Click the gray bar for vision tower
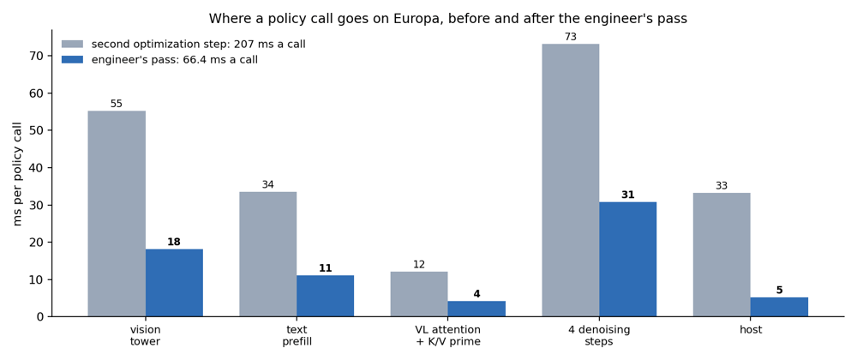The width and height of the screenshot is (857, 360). coord(117,213)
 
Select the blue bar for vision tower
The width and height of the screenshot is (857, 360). coord(174,283)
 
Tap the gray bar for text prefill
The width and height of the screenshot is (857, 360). coord(267,254)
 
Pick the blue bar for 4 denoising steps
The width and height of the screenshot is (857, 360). coord(627,260)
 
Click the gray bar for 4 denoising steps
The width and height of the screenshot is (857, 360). coord(570,180)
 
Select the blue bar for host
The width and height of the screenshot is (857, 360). coord(779,307)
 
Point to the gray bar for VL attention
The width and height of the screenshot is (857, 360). coord(419,294)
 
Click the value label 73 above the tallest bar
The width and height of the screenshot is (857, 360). coord(571,37)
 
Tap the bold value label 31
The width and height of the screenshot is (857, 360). coord(627,195)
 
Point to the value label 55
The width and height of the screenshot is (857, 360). coord(117,104)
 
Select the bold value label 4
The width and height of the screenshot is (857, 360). coord(476,293)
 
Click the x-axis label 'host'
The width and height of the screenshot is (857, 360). coord(751,330)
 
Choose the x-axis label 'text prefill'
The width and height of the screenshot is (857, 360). coord(297,336)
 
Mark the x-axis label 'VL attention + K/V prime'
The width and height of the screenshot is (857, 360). coord(447,336)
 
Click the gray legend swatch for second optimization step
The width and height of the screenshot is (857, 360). coord(72,45)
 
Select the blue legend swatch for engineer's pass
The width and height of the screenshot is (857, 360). coord(72,59)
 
